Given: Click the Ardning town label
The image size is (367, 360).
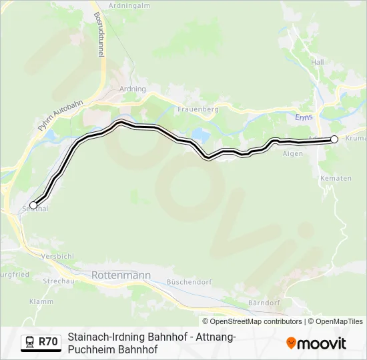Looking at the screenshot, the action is tap(131, 89).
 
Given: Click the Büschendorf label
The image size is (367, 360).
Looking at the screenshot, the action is tap(189, 282).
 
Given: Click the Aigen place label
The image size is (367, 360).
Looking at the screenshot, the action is tap(292, 153).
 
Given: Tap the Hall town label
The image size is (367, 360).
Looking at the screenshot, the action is tap(317, 61).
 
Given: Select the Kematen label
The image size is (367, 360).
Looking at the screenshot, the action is tap(336, 179).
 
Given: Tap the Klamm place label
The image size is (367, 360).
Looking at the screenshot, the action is tap(41, 301).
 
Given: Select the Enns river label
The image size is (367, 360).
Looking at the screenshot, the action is tap(304, 117).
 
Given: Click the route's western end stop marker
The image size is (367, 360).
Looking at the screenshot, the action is tap(33, 205).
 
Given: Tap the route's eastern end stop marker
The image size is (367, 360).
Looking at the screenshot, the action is tap(334, 139).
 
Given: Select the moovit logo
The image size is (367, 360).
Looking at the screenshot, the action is tap(316, 343).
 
